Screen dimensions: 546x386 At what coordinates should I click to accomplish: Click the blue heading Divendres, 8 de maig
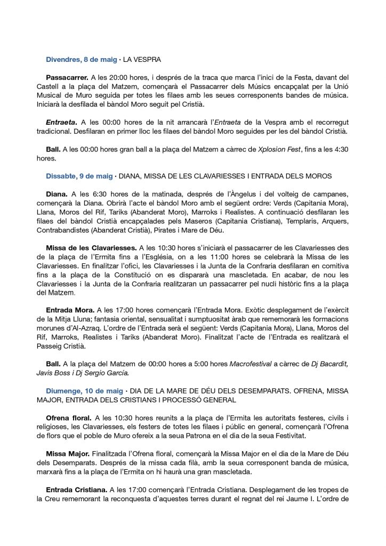coord(80,59)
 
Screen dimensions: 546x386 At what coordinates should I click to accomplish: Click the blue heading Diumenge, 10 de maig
coord(83,391)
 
